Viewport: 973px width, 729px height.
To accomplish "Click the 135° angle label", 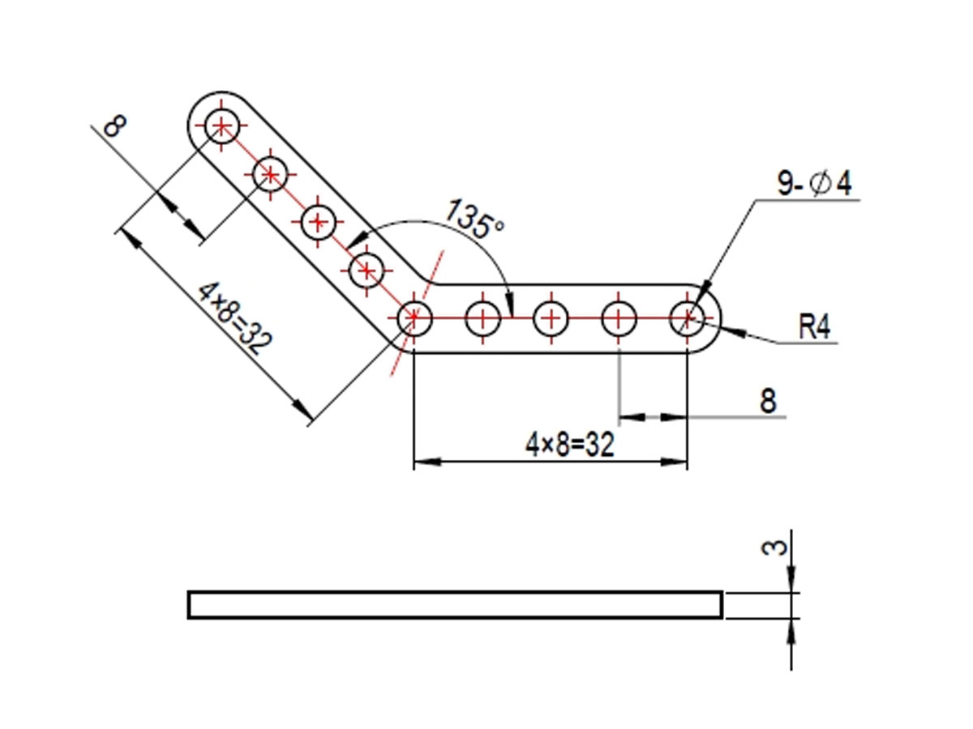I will tap(474, 218).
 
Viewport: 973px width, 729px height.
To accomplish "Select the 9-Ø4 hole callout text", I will tap(814, 185).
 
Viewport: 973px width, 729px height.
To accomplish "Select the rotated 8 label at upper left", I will tap(114, 127).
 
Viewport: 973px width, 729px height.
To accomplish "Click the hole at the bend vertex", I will tap(414, 319).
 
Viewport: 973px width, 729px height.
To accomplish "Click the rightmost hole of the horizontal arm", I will tap(688, 318).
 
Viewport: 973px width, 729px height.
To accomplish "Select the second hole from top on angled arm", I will tap(268, 173).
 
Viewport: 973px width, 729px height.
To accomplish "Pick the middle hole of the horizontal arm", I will tap(551, 318).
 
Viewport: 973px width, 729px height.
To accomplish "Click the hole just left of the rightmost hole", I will tap(619, 318).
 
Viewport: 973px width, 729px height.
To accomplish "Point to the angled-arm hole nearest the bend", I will tap(366, 270).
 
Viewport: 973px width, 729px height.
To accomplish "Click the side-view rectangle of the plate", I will tap(454, 605).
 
